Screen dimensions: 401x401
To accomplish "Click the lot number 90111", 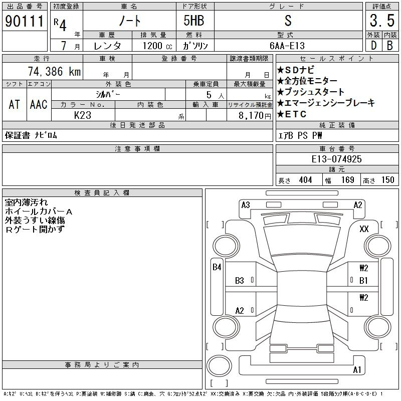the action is click(x=25, y=21).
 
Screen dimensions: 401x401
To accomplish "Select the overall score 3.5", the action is click(x=382, y=21).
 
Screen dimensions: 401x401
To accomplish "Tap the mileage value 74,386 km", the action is click(x=54, y=71).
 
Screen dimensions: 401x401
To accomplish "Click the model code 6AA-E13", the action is click(x=287, y=46).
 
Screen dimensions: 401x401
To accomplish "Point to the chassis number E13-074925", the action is click(x=336, y=159).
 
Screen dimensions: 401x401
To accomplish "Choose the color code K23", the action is click(x=83, y=115).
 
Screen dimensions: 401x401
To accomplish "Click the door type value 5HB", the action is click(x=194, y=21).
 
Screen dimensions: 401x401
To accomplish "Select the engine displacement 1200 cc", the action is click(x=157, y=46).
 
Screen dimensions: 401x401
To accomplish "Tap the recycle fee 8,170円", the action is click(x=255, y=116).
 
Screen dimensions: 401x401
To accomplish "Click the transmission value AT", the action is click(x=15, y=104).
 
